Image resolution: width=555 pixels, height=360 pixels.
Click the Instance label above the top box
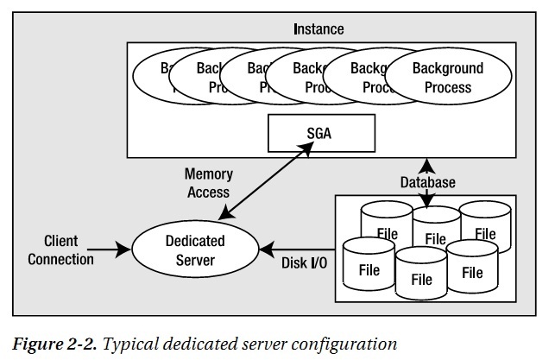[317, 29]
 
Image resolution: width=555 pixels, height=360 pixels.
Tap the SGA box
[319, 135]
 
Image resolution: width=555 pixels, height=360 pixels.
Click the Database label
[428, 182]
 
